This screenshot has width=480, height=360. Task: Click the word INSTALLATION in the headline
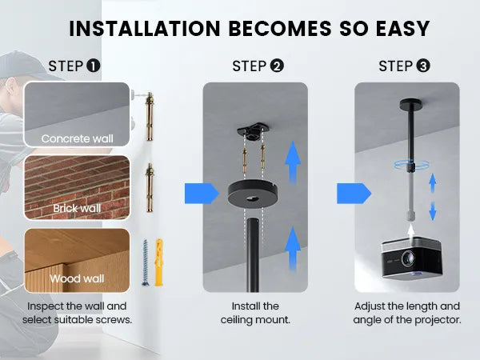pos(145,29)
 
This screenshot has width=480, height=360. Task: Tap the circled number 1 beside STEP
pos(94,66)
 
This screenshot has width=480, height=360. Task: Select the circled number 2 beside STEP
pos(277,66)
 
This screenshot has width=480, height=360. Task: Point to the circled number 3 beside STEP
pos(423,66)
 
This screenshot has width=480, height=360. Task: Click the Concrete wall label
pos(77,138)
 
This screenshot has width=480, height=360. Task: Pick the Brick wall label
pos(77,209)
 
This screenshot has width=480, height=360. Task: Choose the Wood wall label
pos(77,278)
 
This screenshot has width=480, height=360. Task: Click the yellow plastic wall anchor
pos(159,262)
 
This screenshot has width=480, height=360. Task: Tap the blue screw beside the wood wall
pos(145,262)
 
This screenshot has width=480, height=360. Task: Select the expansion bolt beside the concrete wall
pos(150,116)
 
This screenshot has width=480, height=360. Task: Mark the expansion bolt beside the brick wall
pos(150,188)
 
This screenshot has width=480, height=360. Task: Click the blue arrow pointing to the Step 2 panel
pos(202,194)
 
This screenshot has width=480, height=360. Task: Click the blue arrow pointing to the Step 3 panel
pos(354,194)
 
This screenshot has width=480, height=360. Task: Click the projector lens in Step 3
pos(408,258)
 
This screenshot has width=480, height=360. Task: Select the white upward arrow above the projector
pos(411,231)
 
